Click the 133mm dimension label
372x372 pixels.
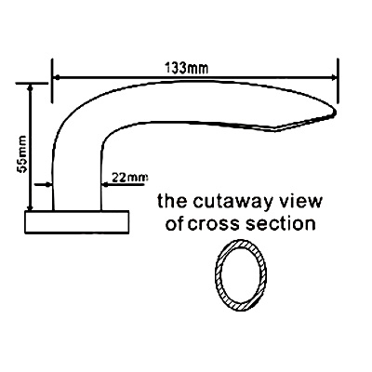(x=186, y=68)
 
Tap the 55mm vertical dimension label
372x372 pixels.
(x=22, y=153)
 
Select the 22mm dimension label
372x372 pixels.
(x=129, y=178)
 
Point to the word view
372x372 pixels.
(x=301, y=201)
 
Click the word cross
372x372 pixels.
(x=214, y=224)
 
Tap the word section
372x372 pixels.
(x=281, y=223)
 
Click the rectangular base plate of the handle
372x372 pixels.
(x=76, y=222)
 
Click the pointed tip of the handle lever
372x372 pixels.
(x=336, y=111)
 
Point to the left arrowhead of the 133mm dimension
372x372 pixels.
(x=57, y=77)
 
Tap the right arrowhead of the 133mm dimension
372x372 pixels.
(x=334, y=77)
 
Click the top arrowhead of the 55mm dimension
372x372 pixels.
(x=30, y=88)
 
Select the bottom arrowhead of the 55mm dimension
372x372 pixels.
(x=30, y=207)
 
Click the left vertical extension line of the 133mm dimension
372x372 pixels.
(x=52, y=81)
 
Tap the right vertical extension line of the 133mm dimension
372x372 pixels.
(x=338, y=81)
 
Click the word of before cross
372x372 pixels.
(x=175, y=223)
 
